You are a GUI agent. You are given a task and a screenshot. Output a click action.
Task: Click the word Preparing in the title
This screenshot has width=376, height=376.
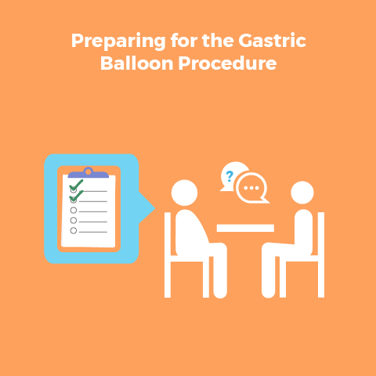(x=118, y=42)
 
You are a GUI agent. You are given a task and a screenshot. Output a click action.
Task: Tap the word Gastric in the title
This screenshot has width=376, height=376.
(x=272, y=41)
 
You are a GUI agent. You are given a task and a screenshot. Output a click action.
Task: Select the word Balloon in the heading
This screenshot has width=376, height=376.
(x=137, y=63)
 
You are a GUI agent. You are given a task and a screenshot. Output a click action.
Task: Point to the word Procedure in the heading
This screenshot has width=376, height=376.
(x=227, y=64)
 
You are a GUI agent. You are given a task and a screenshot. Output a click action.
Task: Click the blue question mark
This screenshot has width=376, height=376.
(x=230, y=176)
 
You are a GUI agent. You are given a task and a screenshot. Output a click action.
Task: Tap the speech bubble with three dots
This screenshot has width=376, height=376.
(x=251, y=188)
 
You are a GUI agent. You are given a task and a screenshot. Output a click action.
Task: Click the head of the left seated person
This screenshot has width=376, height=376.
(x=184, y=193)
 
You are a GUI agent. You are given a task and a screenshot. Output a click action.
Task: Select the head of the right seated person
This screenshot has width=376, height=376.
(x=302, y=193)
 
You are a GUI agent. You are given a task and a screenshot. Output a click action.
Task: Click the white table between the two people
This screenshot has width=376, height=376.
(x=245, y=228)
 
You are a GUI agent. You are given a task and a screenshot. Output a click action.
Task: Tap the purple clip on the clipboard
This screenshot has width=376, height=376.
(x=89, y=173)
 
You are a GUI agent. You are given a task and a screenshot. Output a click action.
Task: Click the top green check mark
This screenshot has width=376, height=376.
(x=76, y=185)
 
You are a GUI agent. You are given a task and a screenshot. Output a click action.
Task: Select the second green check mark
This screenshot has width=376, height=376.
(x=76, y=196)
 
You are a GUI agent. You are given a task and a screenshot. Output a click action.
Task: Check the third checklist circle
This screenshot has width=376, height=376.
(x=74, y=210)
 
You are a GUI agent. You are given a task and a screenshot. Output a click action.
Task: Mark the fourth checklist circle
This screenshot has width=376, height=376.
(x=74, y=220)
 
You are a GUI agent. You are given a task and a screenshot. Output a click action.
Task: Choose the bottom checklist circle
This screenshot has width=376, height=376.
(x=74, y=230)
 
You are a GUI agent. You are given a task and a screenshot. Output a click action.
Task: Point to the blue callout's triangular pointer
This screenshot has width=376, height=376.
(x=146, y=208)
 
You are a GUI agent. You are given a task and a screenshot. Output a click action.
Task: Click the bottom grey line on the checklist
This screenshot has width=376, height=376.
(x=93, y=232)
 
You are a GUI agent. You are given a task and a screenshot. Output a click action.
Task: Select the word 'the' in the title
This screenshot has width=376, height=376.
(x=218, y=41)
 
